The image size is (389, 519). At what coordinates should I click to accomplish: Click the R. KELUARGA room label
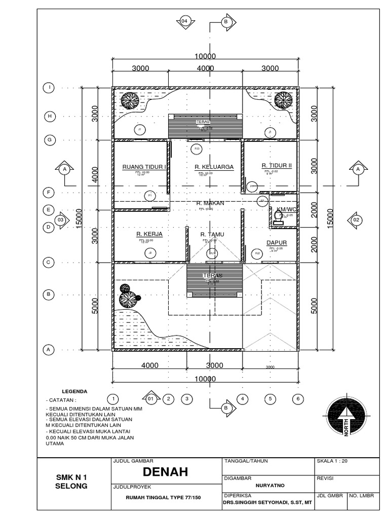click(x=214, y=166)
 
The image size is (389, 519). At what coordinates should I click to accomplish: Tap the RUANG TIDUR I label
click(x=144, y=166)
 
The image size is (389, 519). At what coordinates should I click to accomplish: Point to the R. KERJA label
click(x=145, y=234)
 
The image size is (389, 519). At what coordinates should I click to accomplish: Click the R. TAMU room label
click(x=212, y=234)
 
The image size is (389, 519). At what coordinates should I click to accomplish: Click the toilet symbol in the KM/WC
click(x=278, y=217)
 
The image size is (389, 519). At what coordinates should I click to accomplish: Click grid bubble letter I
click(x=50, y=88)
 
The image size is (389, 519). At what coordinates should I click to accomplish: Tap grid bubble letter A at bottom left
click(x=50, y=349)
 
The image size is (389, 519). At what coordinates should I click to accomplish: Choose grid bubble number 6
click(x=298, y=399)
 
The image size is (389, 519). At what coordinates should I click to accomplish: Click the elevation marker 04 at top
click(x=184, y=21)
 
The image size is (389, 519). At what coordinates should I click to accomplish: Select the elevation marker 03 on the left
click(x=61, y=219)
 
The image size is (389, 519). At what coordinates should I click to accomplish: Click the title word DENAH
click(x=166, y=472)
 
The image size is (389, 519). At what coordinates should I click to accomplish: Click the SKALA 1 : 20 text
click(x=332, y=461)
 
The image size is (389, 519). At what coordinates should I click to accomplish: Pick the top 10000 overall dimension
click(x=205, y=56)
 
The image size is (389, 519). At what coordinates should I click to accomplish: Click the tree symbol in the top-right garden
click(x=282, y=100)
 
